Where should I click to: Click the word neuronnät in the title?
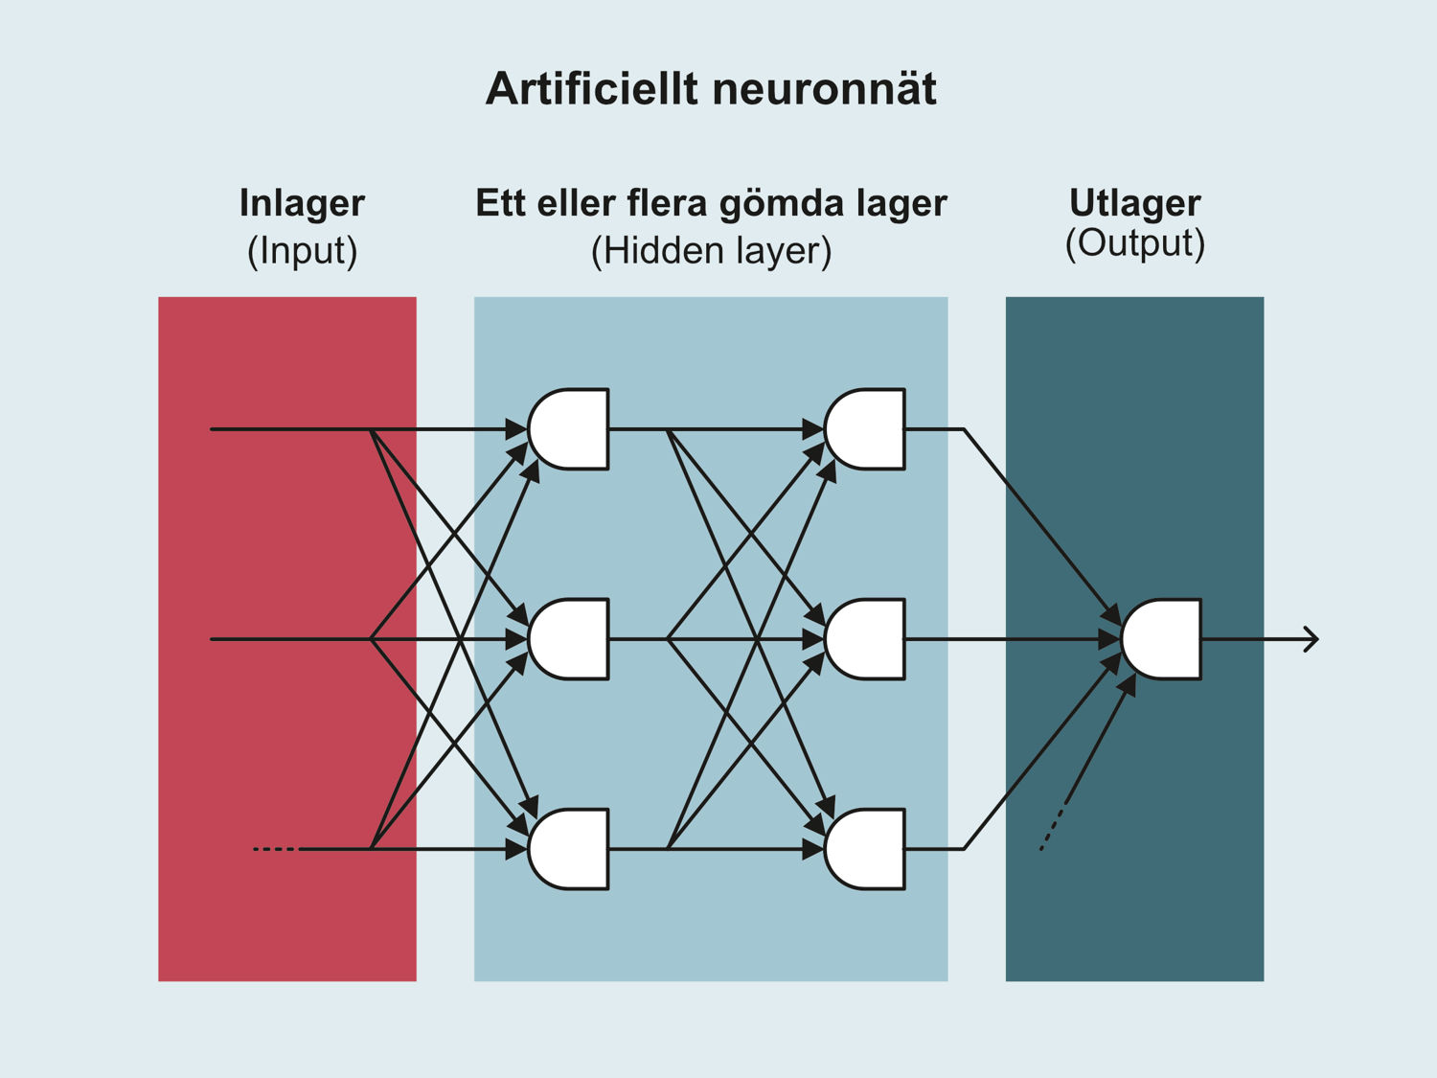pyautogui.click(x=825, y=89)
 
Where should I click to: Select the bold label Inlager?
pyautogui.click(x=302, y=203)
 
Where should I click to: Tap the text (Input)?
pyautogui.click(x=302, y=251)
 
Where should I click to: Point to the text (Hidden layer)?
pyautogui.click(x=711, y=251)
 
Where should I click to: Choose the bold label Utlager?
pyautogui.click(x=1134, y=203)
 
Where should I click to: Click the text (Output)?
pyautogui.click(x=1134, y=243)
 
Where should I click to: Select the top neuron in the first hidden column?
pyautogui.click(x=570, y=429)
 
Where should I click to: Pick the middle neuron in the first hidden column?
pyautogui.click(x=570, y=639)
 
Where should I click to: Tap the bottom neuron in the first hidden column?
pyautogui.click(x=570, y=849)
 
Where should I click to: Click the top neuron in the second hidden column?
pyautogui.click(x=866, y=429)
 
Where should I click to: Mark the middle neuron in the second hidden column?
pyautogui.click(x=866, y=639)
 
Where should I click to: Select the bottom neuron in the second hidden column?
pyautogui.click(x=866, y=849)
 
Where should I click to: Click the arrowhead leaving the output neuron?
pyautogui.click(x=1312, y=639)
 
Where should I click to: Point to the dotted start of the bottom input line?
pyautogui.click(x=275, y=849)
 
